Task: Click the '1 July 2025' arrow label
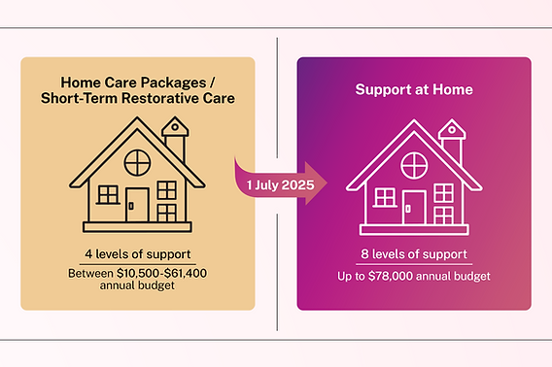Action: point(280,185)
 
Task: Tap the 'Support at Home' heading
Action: point(414,89)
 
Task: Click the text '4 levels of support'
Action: point(138,254)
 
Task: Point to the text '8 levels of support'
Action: point(414,254)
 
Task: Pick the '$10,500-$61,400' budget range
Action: point(162,274)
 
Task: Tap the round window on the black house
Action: point(137,162)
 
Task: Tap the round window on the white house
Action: point(414,165)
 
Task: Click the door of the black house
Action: point(137,205)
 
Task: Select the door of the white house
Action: point(414,208)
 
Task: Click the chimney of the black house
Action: point(175,139)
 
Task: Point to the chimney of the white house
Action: point(452,142)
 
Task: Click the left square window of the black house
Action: point(108,194)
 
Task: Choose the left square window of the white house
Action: point(385,197)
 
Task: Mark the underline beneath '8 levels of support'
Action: point(414,264)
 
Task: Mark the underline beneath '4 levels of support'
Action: point(138,264)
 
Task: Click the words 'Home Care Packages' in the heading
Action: point(133,83)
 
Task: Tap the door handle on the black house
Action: point(131,206)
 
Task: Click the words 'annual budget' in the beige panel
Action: point(137,285)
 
